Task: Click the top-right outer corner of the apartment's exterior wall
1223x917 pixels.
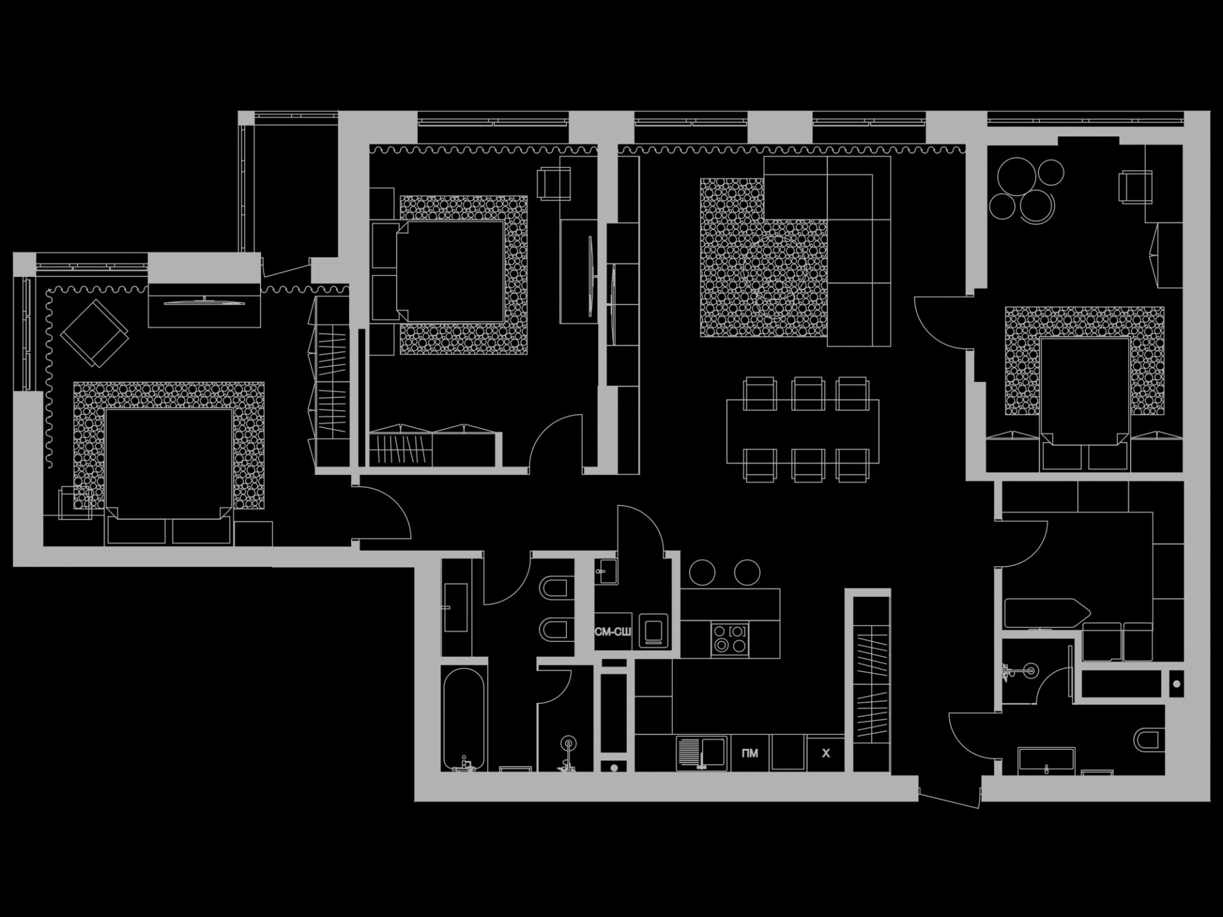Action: point(1210,111)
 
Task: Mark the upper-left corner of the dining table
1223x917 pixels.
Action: point(727,400)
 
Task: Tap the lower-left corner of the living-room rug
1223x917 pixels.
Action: point(701,336)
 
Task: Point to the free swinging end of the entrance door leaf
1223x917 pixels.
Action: point(979,808)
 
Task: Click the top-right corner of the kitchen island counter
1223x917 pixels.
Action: point(780,589)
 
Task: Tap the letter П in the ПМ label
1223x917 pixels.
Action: point(746,753)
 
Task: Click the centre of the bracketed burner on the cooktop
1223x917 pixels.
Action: point(738,631)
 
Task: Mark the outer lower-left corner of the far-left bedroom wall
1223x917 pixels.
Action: point(13,566)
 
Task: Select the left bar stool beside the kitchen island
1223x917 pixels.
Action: point(702,572)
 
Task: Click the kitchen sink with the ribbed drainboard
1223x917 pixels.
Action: point(701,753)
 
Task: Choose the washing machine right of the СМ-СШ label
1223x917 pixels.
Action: point(653,631)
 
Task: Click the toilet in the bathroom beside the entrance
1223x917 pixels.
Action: point(1148,739)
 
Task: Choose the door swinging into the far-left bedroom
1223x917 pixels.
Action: point(383,513)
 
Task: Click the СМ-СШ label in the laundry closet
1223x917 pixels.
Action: point(613,632)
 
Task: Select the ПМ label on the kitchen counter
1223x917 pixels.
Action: point(750,753)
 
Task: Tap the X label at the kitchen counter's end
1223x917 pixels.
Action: point(826,753)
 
